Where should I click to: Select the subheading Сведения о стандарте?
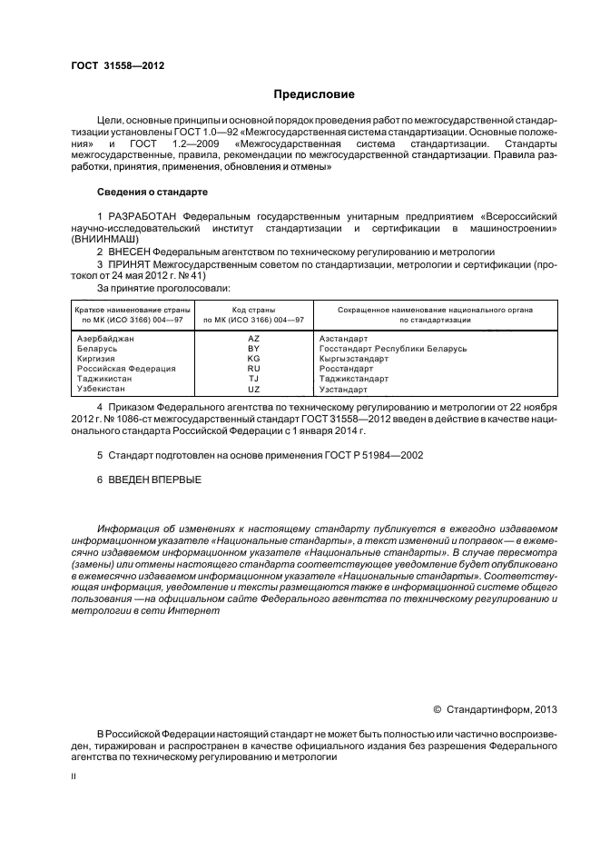152,193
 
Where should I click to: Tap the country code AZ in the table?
254,338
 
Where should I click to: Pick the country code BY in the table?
254,349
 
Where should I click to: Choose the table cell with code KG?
254,359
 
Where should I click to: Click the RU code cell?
254,369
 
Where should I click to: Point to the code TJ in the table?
254,379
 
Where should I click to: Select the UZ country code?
254,389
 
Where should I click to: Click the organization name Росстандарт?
346,369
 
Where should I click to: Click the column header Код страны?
253,310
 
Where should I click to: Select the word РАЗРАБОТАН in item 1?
143,217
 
